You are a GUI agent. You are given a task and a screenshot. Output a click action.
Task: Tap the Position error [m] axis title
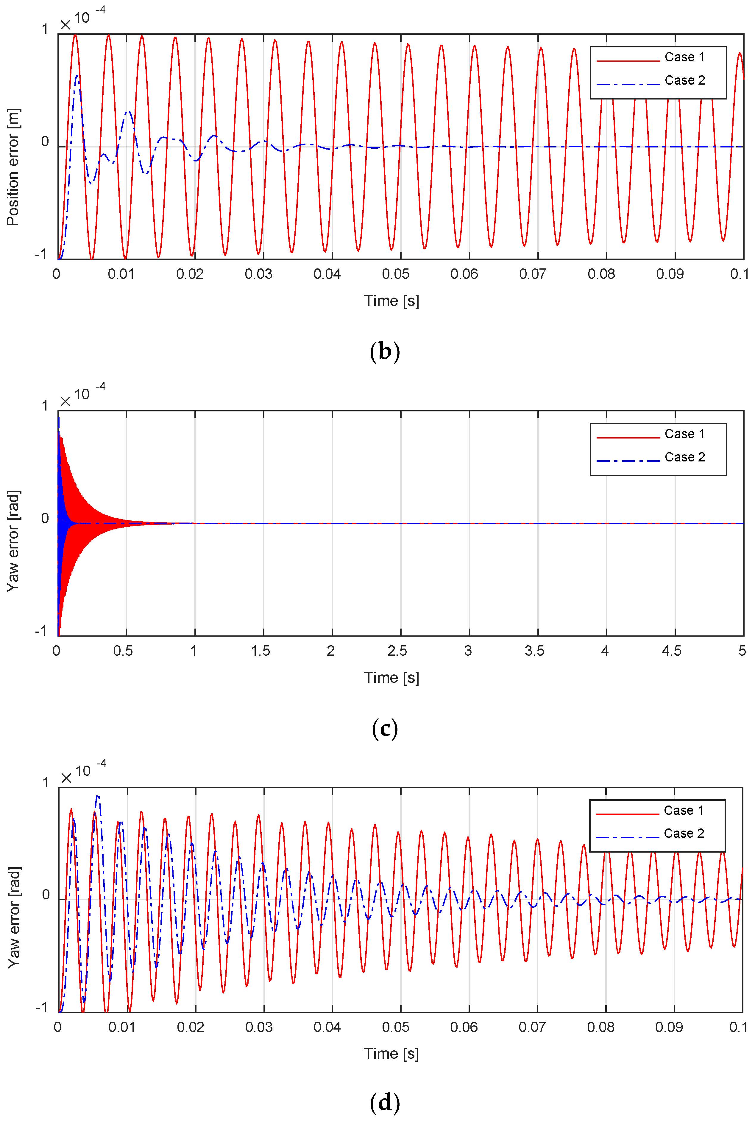tap(13, 167)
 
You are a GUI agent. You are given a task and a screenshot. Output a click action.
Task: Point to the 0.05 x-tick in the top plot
tap(395, 274)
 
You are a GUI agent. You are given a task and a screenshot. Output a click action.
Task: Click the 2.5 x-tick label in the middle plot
tap(397, 651)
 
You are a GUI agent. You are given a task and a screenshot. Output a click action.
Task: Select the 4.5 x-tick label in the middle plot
tap(671, 651)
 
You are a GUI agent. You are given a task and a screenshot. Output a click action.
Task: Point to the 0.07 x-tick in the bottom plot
tap(532, 1027)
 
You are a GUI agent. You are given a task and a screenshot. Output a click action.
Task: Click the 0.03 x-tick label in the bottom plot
tap(259, 1027)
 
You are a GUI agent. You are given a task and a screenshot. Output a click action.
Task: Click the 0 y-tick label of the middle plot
tap(45, 518)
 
